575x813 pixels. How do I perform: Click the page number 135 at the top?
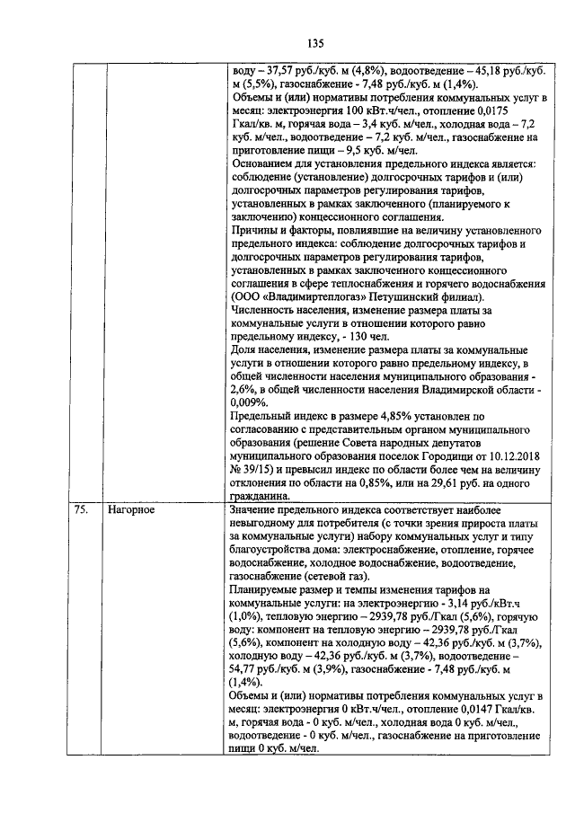pos(314,43)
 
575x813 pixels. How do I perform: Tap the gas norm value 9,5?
pos(348,151)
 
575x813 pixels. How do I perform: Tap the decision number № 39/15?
pos(256,469)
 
